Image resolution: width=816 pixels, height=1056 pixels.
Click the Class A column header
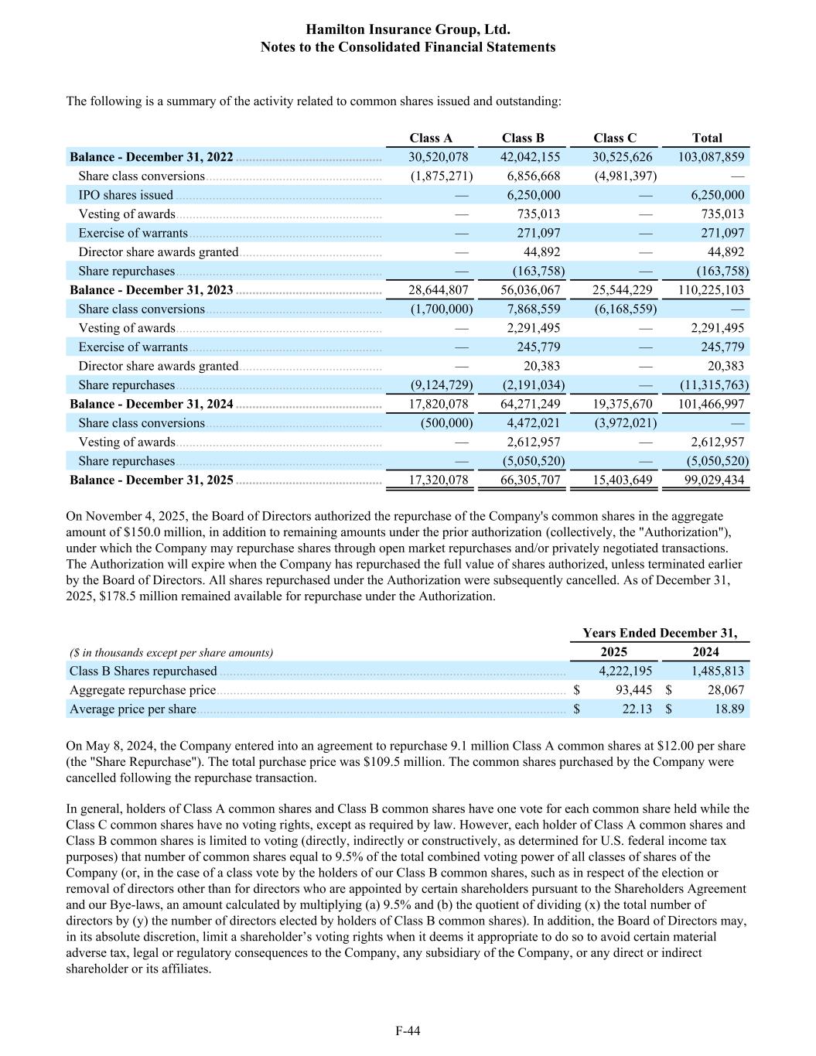(431, 138)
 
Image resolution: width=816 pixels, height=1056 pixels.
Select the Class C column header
(615, 138)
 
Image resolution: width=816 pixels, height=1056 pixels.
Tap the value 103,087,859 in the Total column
(711, 157)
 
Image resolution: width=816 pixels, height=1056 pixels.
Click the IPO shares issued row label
(125, 195)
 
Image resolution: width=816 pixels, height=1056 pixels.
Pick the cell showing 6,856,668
(534, 176)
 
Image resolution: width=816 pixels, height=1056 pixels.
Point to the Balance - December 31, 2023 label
(152, 290)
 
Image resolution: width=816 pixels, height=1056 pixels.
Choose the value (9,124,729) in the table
(442, 384)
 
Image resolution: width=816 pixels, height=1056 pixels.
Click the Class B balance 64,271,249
(530, 404)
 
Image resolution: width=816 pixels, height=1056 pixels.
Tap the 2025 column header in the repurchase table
(614, 651)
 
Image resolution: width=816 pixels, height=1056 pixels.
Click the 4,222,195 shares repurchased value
(625, 671)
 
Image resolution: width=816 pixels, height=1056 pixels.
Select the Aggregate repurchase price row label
(143, 690)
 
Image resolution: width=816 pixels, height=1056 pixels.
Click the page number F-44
(408, 1030)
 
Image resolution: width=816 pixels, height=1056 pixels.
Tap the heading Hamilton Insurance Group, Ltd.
(408, 29)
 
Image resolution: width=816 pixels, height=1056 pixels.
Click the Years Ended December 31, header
(660, 633)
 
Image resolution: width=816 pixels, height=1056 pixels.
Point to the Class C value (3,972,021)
(626, 422)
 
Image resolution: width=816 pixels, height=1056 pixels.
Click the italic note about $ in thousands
(171, 652)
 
